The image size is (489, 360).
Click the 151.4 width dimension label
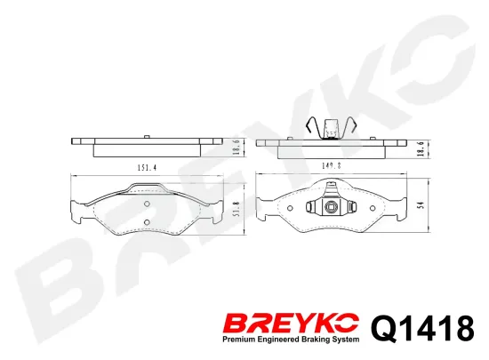click(x=147, y=168)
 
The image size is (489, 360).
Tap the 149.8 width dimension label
click(x=332, y=166)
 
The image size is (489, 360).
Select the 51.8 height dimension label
click(x=236, y=209)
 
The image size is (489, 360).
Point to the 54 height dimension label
click(x=422, y=204)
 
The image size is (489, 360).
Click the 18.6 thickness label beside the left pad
click(x=236, y=147)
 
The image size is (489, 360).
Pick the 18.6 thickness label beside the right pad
click(x=422, y=148)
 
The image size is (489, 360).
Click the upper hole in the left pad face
click(x=148, y=204)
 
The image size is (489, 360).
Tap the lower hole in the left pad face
click(x=148, y=222)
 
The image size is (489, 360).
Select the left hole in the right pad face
click(x=290, y=208)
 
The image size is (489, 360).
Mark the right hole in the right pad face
click(x=373, y=208)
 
